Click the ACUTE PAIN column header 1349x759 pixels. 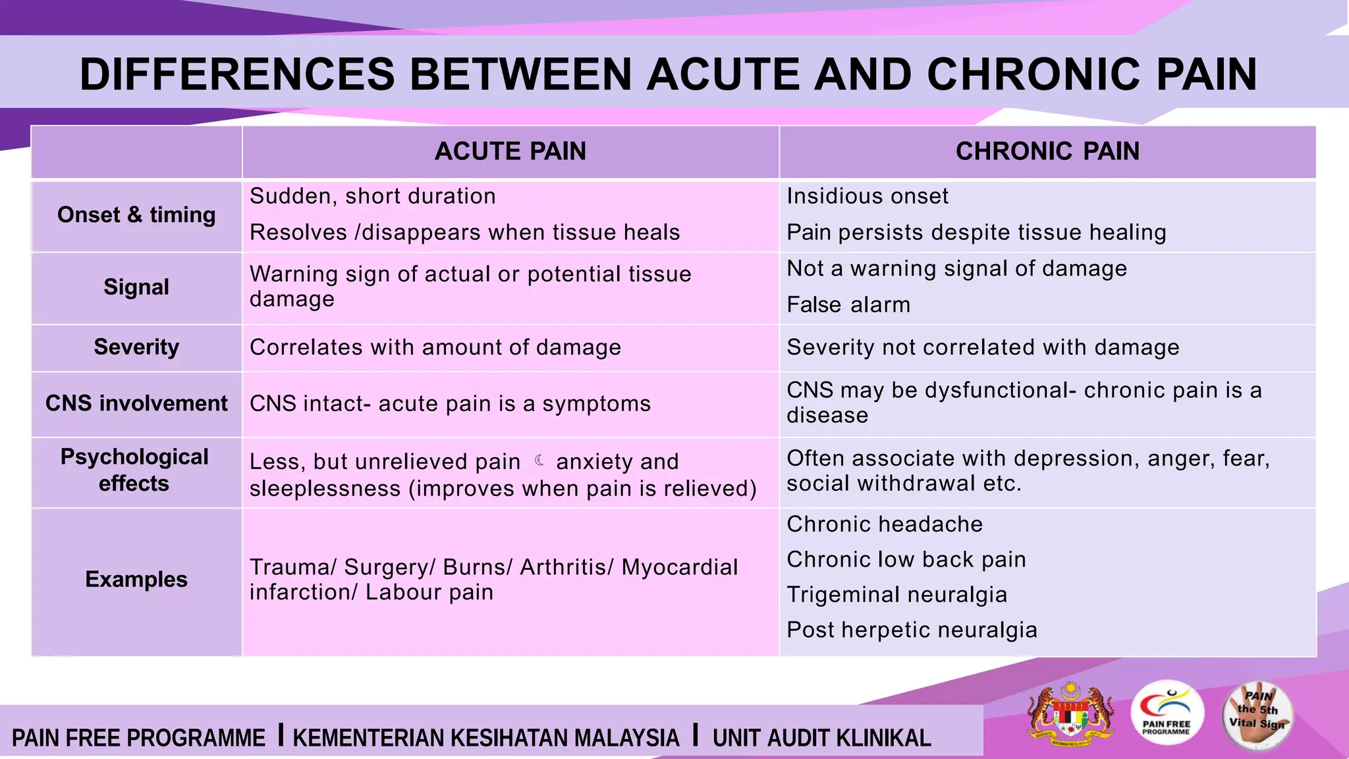[x=510, y=152]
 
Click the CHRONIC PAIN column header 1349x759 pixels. [x=1047, y=152]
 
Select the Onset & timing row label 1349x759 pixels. [x=136, y=215]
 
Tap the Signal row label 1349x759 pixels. [x=136, y=287]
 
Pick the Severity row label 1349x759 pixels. [x=136, y=347]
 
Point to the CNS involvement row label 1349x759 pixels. [x=136, y=403]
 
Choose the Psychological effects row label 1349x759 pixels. [x=134, y=470]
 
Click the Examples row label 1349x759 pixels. [x=136, y=579]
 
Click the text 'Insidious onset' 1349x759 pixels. [x=867, y=196]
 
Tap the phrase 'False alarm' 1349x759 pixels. [x=848, y=305]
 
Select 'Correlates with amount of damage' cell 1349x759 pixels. [x=435, y=347]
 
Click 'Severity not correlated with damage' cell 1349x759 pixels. [x=983, y=347]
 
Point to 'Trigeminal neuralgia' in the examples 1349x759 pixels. [x=896, y=595]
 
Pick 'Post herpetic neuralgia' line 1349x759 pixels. [x=912, y=630]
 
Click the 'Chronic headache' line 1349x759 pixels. [x=885, y=524]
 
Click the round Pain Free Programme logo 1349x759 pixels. [x=1167, y=714]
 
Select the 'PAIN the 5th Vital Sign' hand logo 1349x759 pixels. [x=1257, y=716]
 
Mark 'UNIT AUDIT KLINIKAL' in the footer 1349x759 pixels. [x=821, y=738]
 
